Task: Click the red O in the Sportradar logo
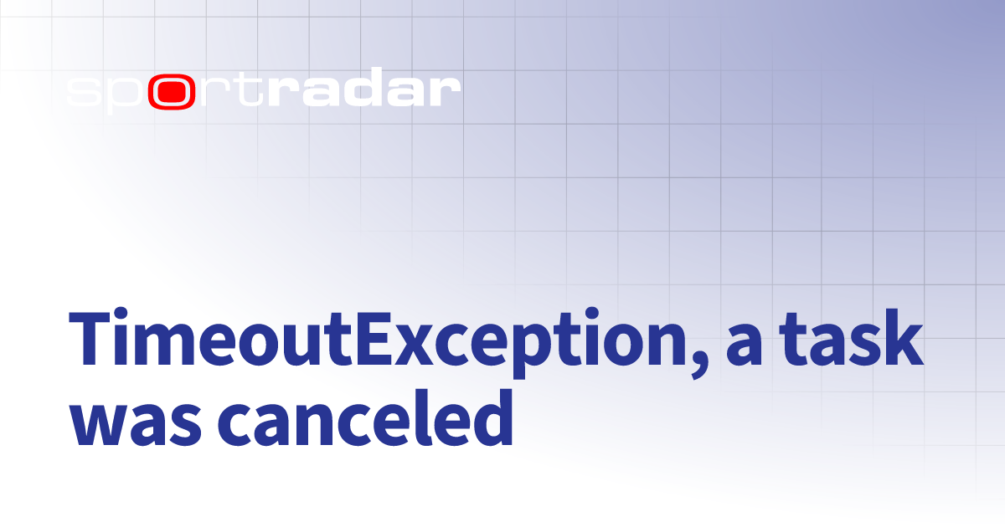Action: [173, 93]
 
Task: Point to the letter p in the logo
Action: [126, 95]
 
